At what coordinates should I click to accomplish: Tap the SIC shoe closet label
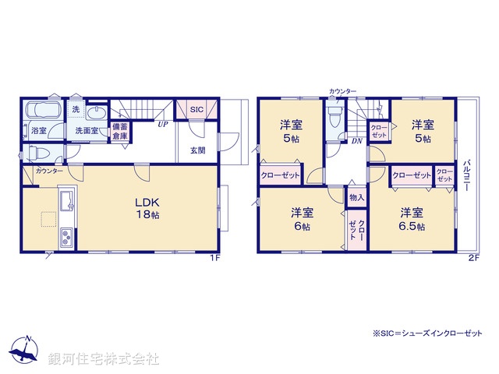click(x=196, y=111)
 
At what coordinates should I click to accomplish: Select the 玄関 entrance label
click(x=196, y=150)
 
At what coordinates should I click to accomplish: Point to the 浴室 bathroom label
click(x=38, y=131)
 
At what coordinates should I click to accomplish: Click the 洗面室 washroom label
click(x=87, y=131)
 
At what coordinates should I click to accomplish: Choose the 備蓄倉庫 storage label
click(x=120, y=131)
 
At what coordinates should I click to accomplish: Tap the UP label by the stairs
click(x=162, y=124)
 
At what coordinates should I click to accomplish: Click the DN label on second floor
click(x=356, y=141)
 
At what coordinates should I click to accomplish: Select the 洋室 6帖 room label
click(x=303, y=219)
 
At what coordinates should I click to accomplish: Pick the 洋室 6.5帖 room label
click(x=412, y=219)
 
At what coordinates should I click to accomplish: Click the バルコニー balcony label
click(x=465, y=178)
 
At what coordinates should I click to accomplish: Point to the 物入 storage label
click(x=356, y=198)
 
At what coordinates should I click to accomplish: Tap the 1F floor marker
click(x=215, y=258)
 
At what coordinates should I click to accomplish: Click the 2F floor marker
click(x=472, y=258)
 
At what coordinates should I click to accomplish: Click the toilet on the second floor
click(x=334, y=118)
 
